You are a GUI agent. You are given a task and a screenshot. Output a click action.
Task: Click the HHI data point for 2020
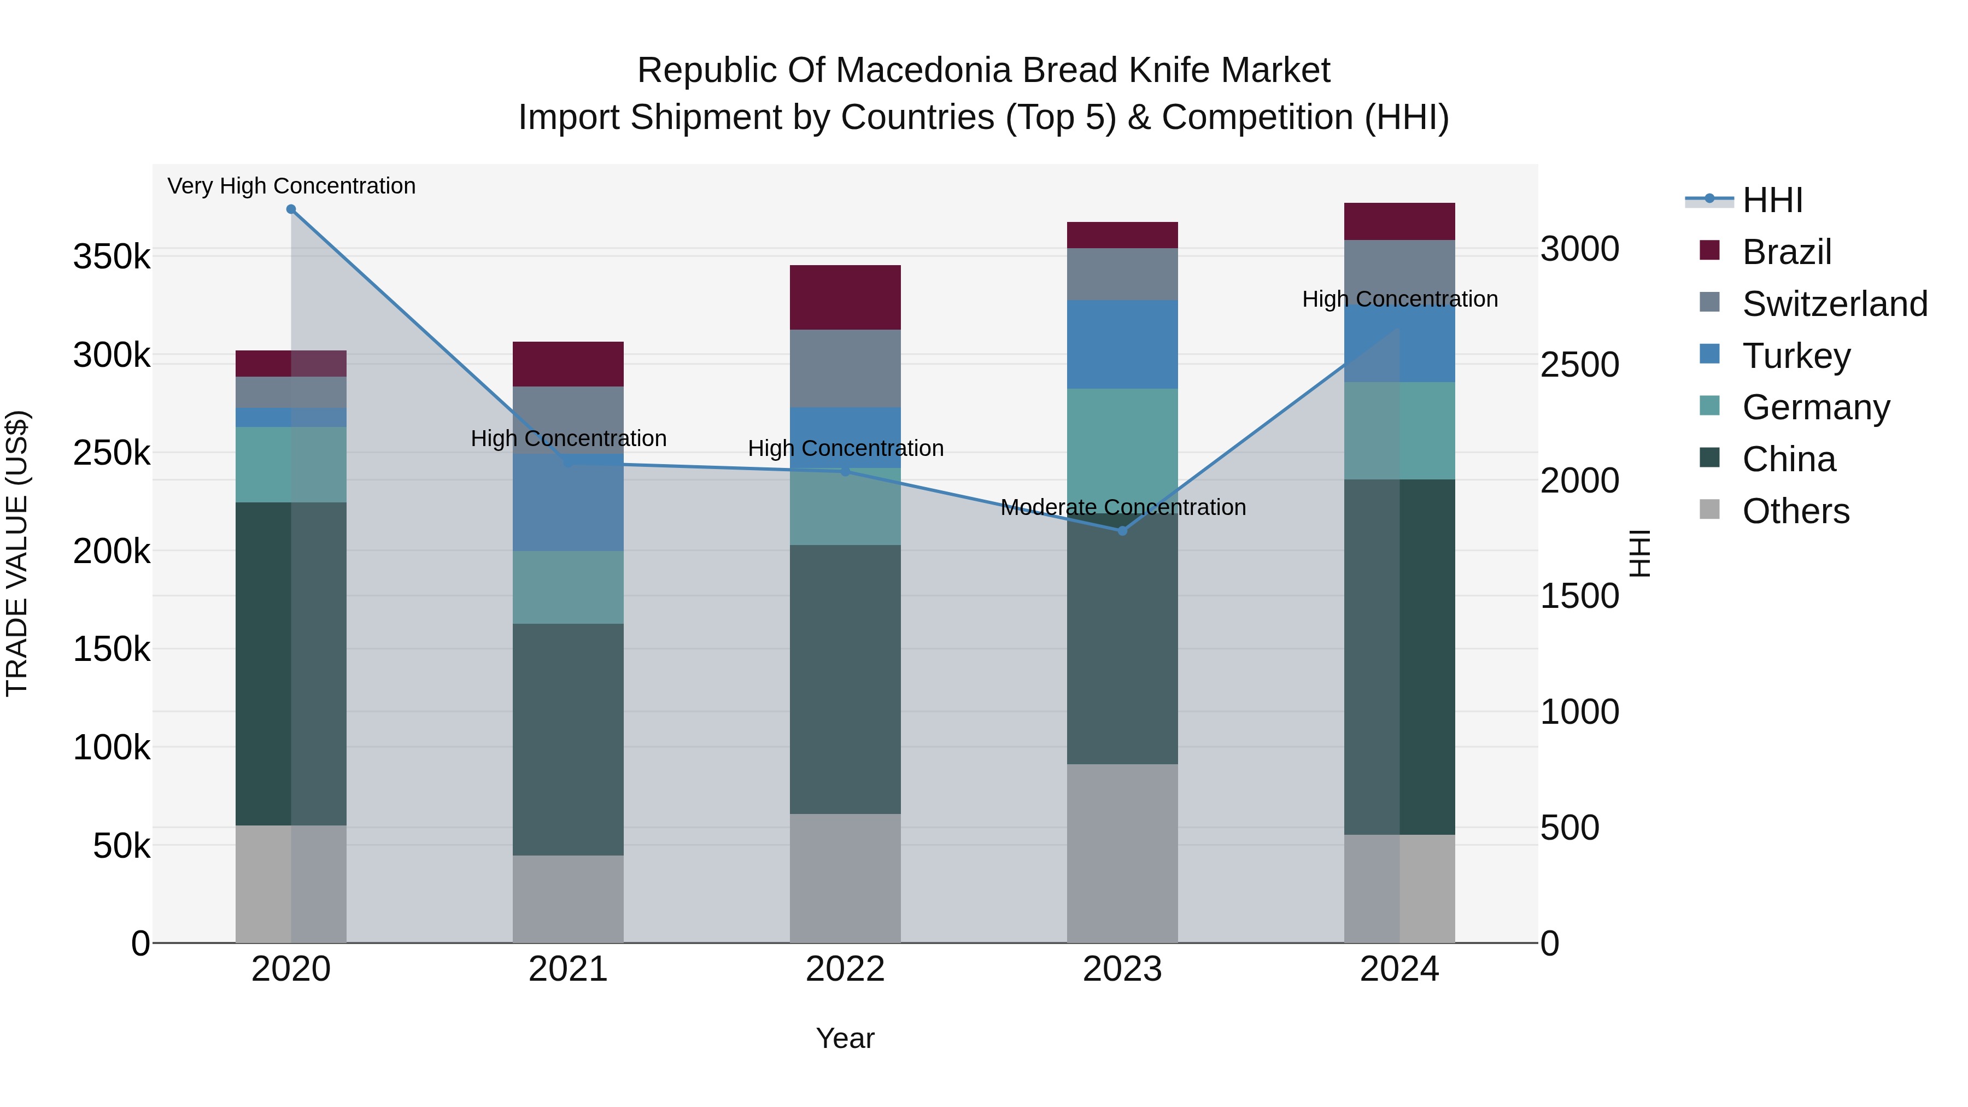click(291, 209)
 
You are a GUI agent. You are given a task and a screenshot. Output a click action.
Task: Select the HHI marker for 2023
click(1122, 531)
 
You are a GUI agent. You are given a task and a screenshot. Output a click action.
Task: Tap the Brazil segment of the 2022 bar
click(845, 297)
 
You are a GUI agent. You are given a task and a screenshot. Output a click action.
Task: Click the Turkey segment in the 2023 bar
click(1122, 344)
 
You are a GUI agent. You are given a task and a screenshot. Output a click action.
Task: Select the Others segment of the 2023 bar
click(1122, 853)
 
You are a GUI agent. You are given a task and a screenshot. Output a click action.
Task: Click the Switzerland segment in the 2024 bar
click(1399, 267)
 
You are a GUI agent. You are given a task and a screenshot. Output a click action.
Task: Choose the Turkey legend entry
click(1796, 356)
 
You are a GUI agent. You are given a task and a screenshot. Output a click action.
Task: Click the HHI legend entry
click(1772, 200)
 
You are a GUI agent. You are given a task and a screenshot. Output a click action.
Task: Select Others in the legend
click(1795, 511)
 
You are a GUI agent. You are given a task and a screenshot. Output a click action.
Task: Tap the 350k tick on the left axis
click(112, 257)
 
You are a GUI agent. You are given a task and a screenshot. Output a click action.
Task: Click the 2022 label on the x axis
click(845, 969)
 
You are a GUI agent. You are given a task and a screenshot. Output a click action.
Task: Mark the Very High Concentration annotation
click(291, 186)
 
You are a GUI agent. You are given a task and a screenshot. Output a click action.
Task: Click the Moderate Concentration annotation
click(1122, 507)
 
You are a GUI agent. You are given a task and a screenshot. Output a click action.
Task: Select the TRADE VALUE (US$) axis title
click(17, 553)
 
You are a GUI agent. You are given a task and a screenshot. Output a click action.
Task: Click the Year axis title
click(845, 1038)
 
